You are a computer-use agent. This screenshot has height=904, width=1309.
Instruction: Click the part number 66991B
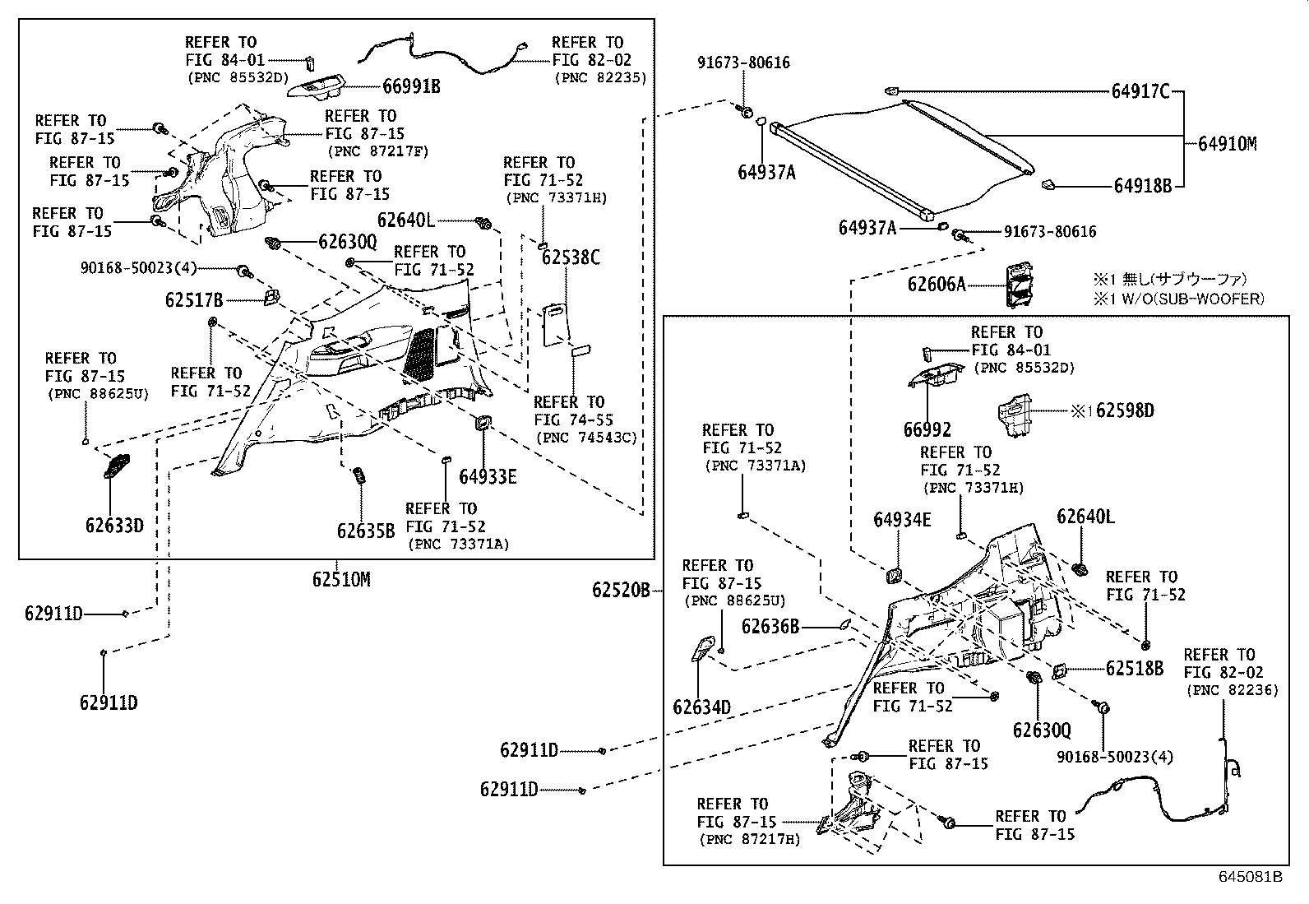point(411,86)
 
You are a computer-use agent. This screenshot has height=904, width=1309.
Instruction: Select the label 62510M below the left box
point(340,579)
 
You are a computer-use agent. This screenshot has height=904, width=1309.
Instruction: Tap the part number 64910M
point(1227,144)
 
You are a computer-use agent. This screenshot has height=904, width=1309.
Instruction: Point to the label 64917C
point(1140,91)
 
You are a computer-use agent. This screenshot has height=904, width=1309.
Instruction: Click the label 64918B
point(1142,186)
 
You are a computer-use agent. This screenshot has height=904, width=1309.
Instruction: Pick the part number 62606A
point(936,284)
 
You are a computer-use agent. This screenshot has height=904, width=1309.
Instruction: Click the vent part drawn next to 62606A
point(1020,285)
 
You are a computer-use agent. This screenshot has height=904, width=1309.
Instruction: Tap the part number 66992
point(927,429)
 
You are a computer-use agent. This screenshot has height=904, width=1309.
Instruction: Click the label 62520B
point(621,589)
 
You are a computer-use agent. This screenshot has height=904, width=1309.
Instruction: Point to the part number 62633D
point(113,525)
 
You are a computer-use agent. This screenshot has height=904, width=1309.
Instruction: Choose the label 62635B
point(365,531)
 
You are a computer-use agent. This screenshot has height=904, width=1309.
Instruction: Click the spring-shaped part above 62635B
point(358,477)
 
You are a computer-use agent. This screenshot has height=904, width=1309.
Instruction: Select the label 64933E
point(488,476)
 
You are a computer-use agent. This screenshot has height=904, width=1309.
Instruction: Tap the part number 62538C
point(571,257)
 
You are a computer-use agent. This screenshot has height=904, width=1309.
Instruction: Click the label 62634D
point(701,707)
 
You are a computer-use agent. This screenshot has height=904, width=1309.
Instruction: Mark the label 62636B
point(770,627)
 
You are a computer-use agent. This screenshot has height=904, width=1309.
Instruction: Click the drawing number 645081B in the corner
point(1250,877)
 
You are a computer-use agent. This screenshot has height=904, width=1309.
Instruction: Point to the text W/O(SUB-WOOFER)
point(1189,299)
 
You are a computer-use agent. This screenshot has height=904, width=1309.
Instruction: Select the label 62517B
point(194,300)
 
